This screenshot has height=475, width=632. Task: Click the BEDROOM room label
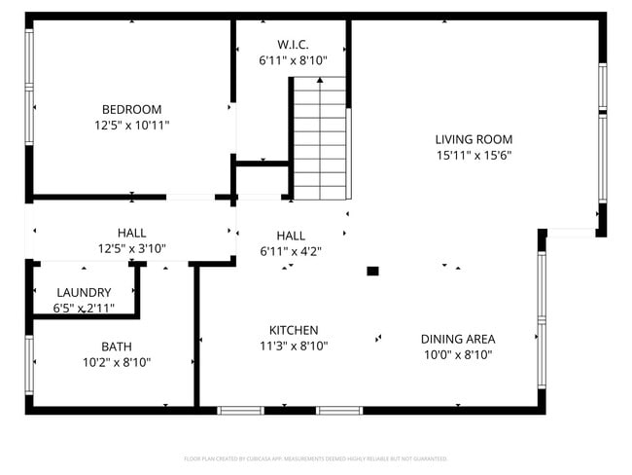tap(132, 109)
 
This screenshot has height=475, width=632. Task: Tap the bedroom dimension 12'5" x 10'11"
tap(132, 126)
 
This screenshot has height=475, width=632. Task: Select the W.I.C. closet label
tap(293, 44)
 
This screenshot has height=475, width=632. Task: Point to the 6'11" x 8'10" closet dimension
tap(293, 60)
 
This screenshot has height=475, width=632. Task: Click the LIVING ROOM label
tap(474, 139)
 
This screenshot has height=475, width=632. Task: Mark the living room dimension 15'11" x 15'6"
tap(474, 155)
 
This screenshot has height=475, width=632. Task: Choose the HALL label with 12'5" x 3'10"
tap(132, 233)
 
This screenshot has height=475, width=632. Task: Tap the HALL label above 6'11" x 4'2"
tap(291, 236)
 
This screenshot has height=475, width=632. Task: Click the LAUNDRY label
tap(84, 292)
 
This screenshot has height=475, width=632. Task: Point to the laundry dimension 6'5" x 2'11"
tap(84, 309)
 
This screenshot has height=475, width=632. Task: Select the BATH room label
tap(117, 346)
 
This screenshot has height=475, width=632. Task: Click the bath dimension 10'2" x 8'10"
tap(117, 362)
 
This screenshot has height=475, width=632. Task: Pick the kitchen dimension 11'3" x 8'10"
tap(294, 346)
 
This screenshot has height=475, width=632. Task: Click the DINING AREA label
tap(458, 339)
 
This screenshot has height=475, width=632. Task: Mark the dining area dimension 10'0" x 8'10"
tap(458, 355)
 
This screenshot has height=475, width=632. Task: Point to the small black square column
tap(372, 272)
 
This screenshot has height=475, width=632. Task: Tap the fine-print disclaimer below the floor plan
tap(315, 457)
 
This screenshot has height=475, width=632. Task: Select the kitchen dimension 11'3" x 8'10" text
tap(294, 346)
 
